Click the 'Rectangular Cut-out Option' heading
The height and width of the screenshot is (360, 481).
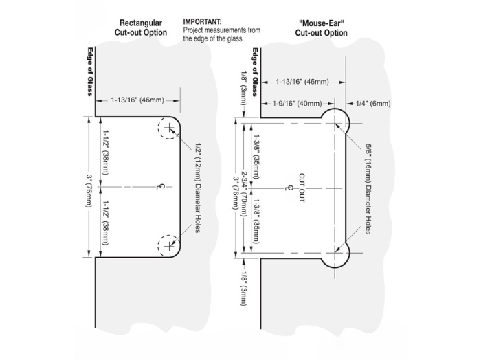[x=140, y=27]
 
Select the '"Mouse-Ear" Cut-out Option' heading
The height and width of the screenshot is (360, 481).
[x=322, y=27]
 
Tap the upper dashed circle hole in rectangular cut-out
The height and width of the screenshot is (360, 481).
[x=168, y=128]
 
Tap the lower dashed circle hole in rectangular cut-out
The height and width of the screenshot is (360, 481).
[x=168, y=245]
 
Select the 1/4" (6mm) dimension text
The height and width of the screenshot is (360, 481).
[x=374, y=104]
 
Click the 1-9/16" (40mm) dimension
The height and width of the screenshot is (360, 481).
[x=297, y=104]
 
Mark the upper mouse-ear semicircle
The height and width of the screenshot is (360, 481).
[x=337, y=123]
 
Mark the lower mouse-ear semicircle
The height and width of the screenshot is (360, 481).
[x=337, y=251]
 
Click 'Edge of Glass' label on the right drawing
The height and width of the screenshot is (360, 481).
[x=254, y=71]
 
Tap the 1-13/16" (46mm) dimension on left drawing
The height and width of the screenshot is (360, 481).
[x=137, y=100]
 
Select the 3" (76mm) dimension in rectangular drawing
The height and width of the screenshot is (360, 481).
[x=89, y=187]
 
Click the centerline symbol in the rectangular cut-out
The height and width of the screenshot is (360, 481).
[x=160, y=186]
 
